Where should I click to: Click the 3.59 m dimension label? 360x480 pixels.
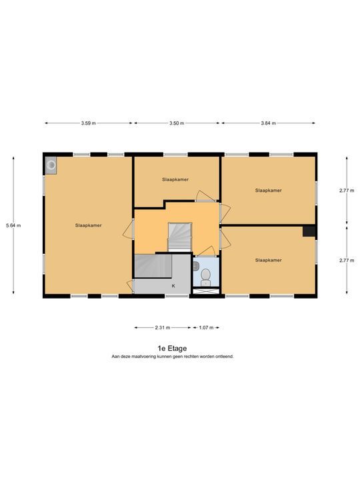pos(89,123)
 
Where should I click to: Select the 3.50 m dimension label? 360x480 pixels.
pos(177,123)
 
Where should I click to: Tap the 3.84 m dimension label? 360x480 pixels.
pos(269,123)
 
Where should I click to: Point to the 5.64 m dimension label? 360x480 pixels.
pos(13,225)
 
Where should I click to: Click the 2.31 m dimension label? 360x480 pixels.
pos(163,327)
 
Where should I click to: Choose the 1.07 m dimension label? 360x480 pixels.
pos(206,327)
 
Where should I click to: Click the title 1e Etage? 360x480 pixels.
pos(172,349)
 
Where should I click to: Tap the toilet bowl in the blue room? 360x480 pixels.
pos(205,277)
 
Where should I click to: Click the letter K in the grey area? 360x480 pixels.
pos(173,286)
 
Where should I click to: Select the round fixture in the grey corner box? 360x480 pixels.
pos(51,165)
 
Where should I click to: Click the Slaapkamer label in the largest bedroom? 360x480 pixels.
pos(89,225)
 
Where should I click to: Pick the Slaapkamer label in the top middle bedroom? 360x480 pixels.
pos(175,179)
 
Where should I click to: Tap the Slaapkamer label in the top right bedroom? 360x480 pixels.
pos(269,190)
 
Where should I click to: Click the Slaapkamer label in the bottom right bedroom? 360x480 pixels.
pos(269,260)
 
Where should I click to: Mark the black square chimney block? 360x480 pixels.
pos(309,231)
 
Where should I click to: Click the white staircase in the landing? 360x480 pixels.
pos(180,237)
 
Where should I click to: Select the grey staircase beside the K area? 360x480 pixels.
pos(153,266)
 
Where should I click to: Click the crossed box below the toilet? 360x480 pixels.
pos(206,291)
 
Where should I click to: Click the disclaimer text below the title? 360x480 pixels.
pos(173,357)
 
